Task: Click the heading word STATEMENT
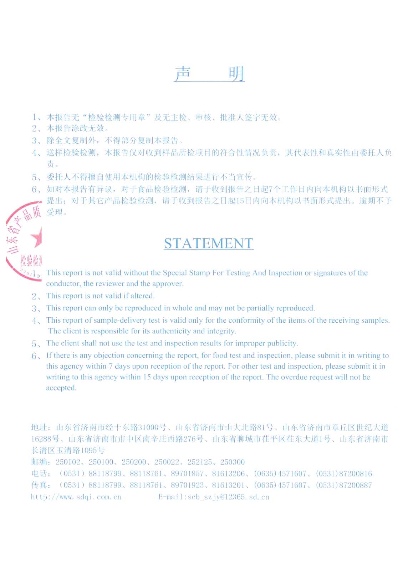click(x=209, y=243)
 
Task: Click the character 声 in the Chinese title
click(x=183, y=74)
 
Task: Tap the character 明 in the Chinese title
click(x=236, y=74)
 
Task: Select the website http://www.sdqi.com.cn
click(x=76, y=497)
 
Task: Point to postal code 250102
click(x=68, y=462)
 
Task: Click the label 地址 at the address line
click(x=39, y=427)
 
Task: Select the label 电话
click(x=39, y=474)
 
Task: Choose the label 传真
click(x=39, y=485)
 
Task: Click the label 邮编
click(x=39, y=462)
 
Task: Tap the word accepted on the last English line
click(x=61, y=388)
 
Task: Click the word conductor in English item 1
click(x=63, y=284)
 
